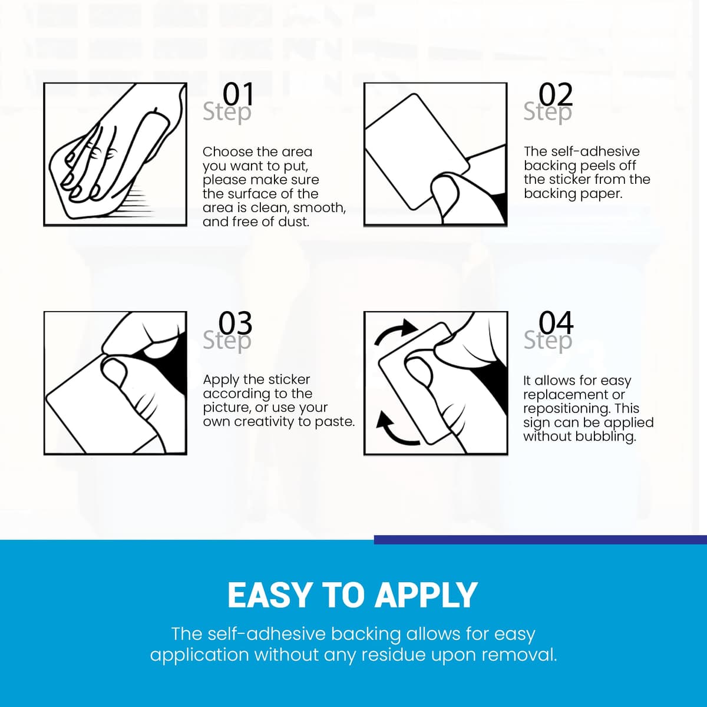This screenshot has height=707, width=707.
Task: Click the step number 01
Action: [238, 94]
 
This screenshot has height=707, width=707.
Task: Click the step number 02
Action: [556, 94]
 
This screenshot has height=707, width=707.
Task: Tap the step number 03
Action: [236, 323]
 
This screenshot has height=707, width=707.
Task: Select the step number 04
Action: [556, 323]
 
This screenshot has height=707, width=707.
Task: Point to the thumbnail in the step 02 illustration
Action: [445, 190]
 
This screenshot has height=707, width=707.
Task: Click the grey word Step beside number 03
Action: [227, 341]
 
